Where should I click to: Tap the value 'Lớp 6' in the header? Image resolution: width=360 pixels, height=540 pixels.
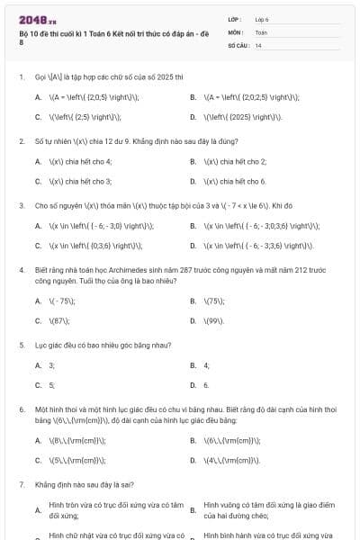(262, 19)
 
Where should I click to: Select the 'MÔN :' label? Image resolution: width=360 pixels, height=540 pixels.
(235, 31)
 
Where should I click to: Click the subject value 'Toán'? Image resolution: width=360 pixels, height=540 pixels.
(261, 31)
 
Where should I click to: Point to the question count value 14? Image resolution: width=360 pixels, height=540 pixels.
(258, 44)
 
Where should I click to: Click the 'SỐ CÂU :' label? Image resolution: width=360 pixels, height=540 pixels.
(237, 44)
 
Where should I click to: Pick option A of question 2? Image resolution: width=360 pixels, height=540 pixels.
(80, 161)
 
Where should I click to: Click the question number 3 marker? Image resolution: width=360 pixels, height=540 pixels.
(20, 205)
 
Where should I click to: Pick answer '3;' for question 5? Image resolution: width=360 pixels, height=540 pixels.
(51, 364)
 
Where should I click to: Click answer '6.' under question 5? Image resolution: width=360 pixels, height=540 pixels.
(206, 384)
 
